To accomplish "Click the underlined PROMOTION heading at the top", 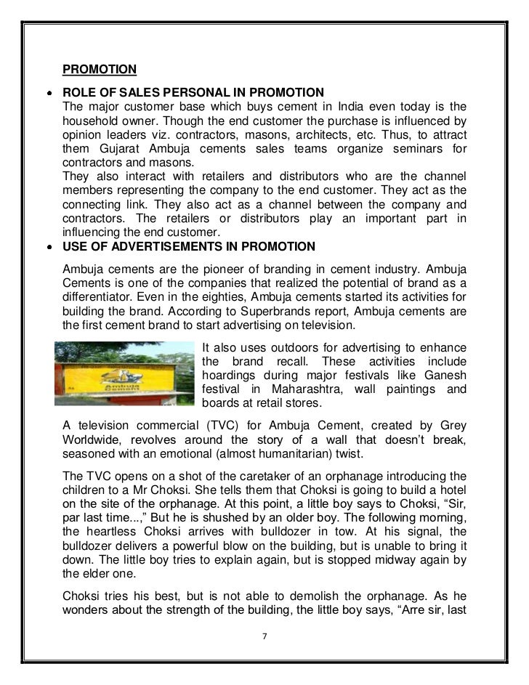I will tap(100, 70).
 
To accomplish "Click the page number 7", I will tap(264, 636).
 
